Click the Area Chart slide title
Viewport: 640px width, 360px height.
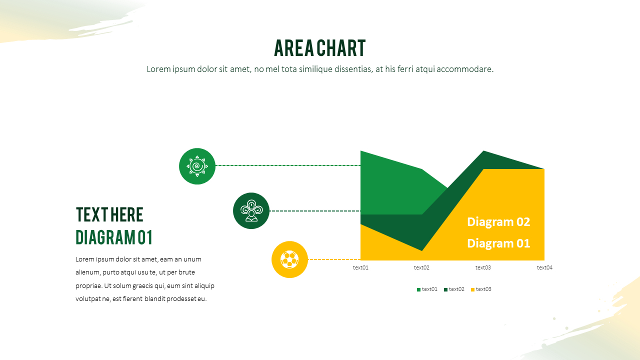(x=320, y=48)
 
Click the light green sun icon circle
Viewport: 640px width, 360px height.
(x=197, y=166)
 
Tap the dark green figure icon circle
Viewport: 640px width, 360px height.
(x=251, y=211)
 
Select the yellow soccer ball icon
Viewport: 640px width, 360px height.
(x=289, y=259)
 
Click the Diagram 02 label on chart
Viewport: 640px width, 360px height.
(x=498, y=222)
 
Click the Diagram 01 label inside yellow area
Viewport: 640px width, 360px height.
(x=498, y=243)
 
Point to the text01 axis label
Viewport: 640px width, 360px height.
(x=360, y=267)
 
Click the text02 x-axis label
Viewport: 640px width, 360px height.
(x=421, y=267)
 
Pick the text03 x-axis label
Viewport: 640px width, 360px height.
(x=483, y=267)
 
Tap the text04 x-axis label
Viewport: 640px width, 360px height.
(x=544, y=267)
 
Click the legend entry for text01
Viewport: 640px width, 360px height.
(x=427, y=289)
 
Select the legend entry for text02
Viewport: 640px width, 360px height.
(x=454, y=289)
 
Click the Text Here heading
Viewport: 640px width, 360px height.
(x=109, y=214)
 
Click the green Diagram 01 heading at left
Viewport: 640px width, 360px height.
(x=114, y=237)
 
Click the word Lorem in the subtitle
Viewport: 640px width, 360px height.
(x=157, y=69)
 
